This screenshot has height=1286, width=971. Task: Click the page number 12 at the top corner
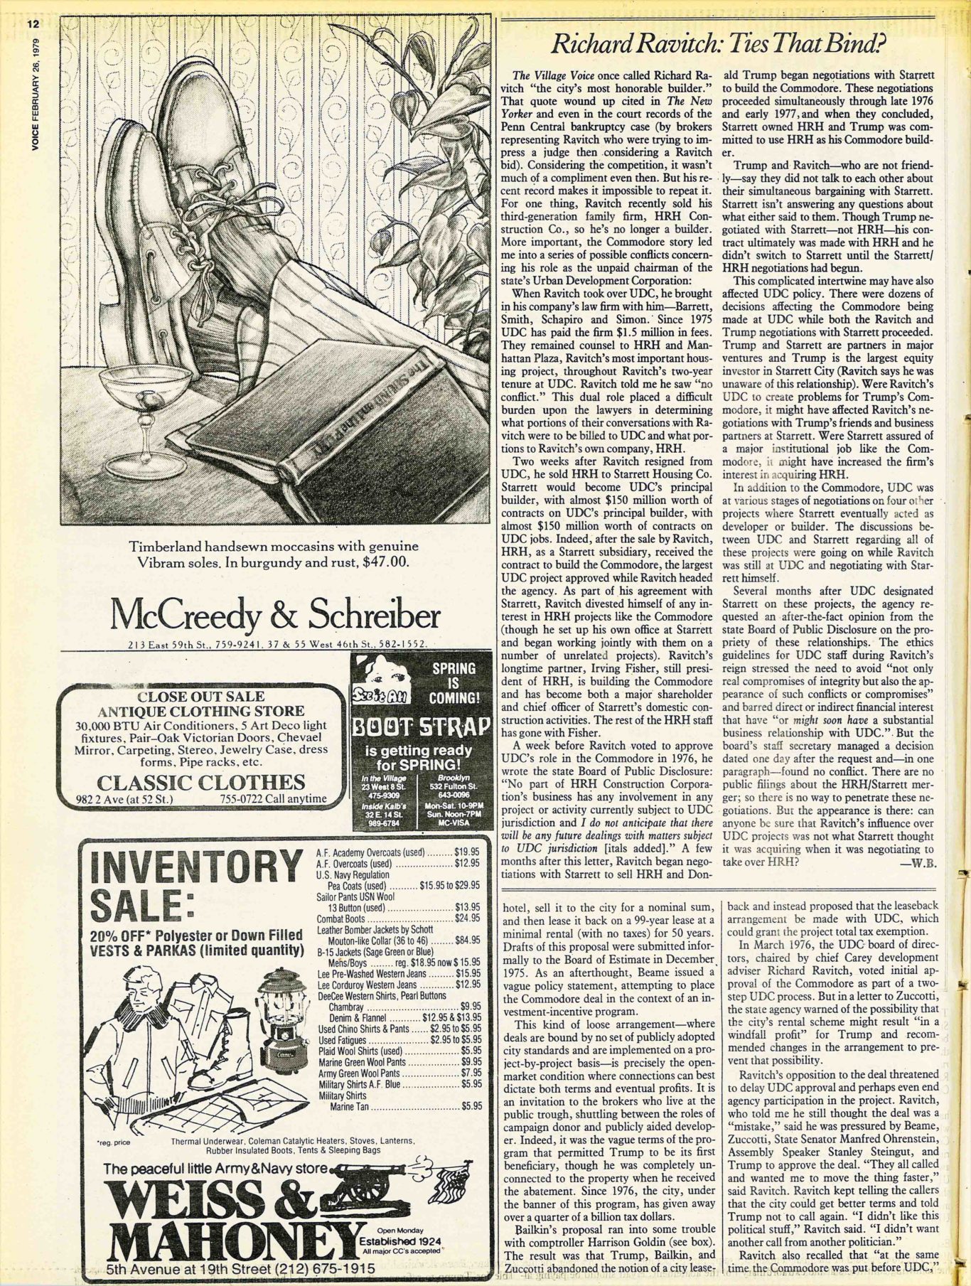point(33,24)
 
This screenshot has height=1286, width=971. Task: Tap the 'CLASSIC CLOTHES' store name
point(200,783)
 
